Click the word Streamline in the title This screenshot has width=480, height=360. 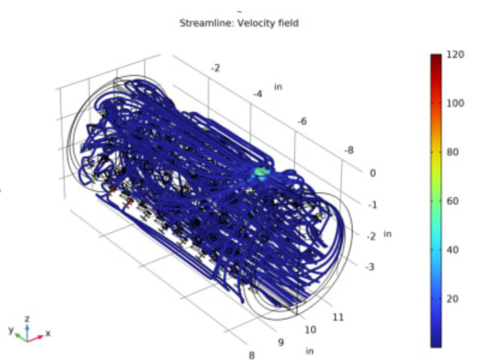click(x=199, y=23)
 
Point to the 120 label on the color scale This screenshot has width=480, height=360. click(x=455, y=54)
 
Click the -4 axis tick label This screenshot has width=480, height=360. click(x=258, y=94)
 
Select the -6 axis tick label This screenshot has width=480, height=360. click(x=302, y=121)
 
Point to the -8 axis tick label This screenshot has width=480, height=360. click(x=349, y=150)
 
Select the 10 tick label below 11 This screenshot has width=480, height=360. click(x=311, y=330)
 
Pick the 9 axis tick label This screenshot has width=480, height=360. click(x=281, y=343)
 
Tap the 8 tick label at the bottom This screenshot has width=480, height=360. click(x=251, y=355)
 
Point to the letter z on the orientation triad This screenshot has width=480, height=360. click(x=27, y=319)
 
